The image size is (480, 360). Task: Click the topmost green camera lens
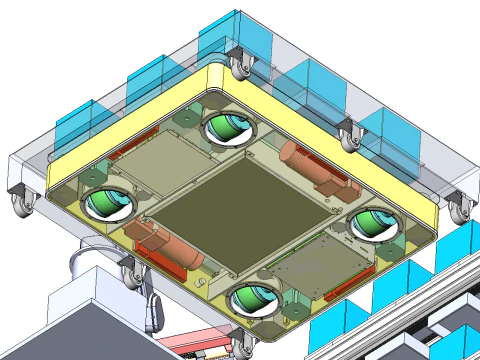(x=227, y=128)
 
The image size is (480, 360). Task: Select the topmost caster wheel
(x=241, y=66)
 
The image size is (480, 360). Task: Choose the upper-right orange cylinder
(x=310, y=166)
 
